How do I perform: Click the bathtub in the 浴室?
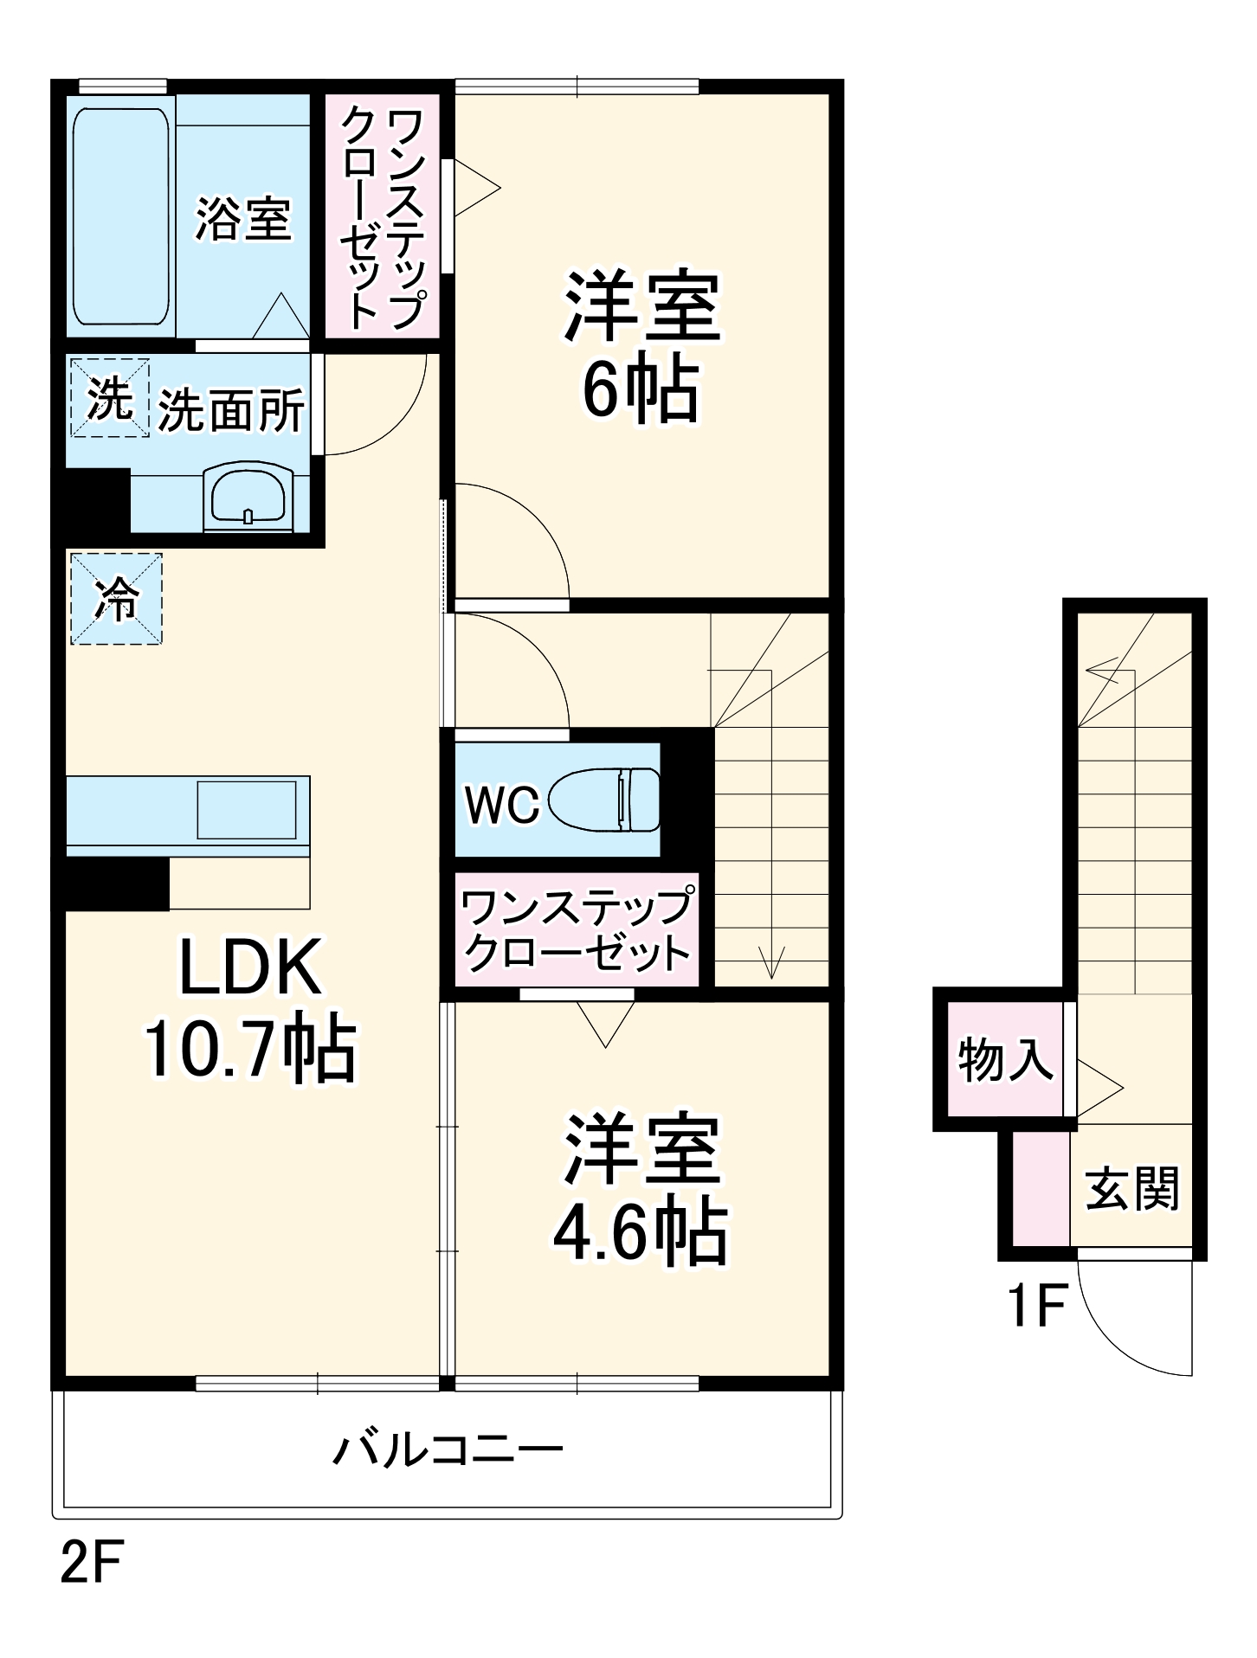coord(121,216)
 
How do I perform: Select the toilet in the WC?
coord(603,800)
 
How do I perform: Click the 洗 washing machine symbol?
coord(110,399)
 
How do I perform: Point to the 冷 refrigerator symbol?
coord(116,599)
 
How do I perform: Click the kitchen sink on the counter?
coord(247,810)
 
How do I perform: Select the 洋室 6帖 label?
coord(641,346)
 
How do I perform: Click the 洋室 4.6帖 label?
coord(641,1189)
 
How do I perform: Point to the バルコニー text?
coord(448,1449)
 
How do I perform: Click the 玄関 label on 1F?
coord(1132,1188)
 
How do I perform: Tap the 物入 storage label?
coord(1005,1058)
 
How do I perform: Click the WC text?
coord(502,805)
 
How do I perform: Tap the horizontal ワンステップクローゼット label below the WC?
coord(577,930)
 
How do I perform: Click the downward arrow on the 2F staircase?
coord(771,961)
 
